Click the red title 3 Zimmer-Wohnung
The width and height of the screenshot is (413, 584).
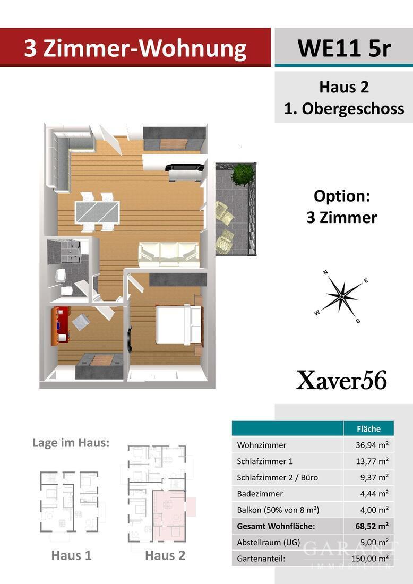click(135, 48)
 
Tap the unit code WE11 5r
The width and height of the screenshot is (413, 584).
click(343, 48)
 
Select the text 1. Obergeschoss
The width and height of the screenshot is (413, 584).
click(344, 108)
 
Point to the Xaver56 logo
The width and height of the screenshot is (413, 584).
click(341, 380)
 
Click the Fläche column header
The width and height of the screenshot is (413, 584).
click(369, 428)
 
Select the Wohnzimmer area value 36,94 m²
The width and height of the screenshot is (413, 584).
click(372, 445)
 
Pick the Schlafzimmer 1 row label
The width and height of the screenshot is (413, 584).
click(265, 461)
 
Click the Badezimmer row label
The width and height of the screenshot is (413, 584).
click(260, 494)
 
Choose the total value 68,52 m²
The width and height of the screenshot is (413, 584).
click(372, 526)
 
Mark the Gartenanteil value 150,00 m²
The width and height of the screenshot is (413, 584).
click(369, 559)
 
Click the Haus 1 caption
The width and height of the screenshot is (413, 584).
click(71, 555)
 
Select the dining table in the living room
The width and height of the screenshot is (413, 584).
click(97, 211)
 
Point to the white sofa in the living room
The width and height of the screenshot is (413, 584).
click(168, 253)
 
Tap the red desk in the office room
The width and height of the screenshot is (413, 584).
click(61, 325)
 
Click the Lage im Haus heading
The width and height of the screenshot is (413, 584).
click(71, 442)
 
